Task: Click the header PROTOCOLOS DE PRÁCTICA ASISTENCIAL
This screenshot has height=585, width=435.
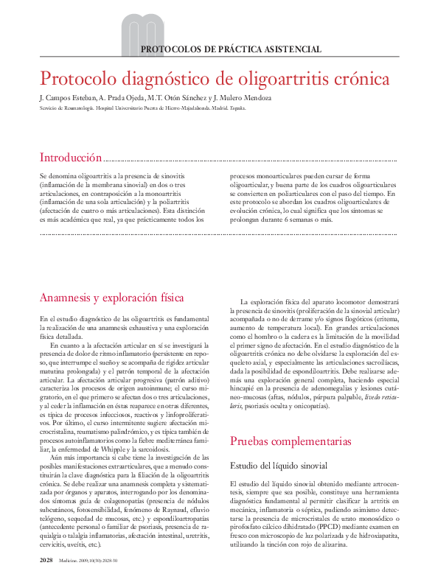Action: (x=230, y=49)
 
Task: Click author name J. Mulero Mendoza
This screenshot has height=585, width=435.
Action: (x=246, y=98)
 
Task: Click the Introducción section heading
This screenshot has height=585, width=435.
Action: (x=70, y=158)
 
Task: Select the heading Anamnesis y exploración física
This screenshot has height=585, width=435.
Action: (x=111, y=298)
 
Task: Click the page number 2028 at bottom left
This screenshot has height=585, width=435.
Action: (x=46, y=561)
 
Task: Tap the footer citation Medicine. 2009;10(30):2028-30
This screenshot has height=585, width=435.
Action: (x=88, y=562)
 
